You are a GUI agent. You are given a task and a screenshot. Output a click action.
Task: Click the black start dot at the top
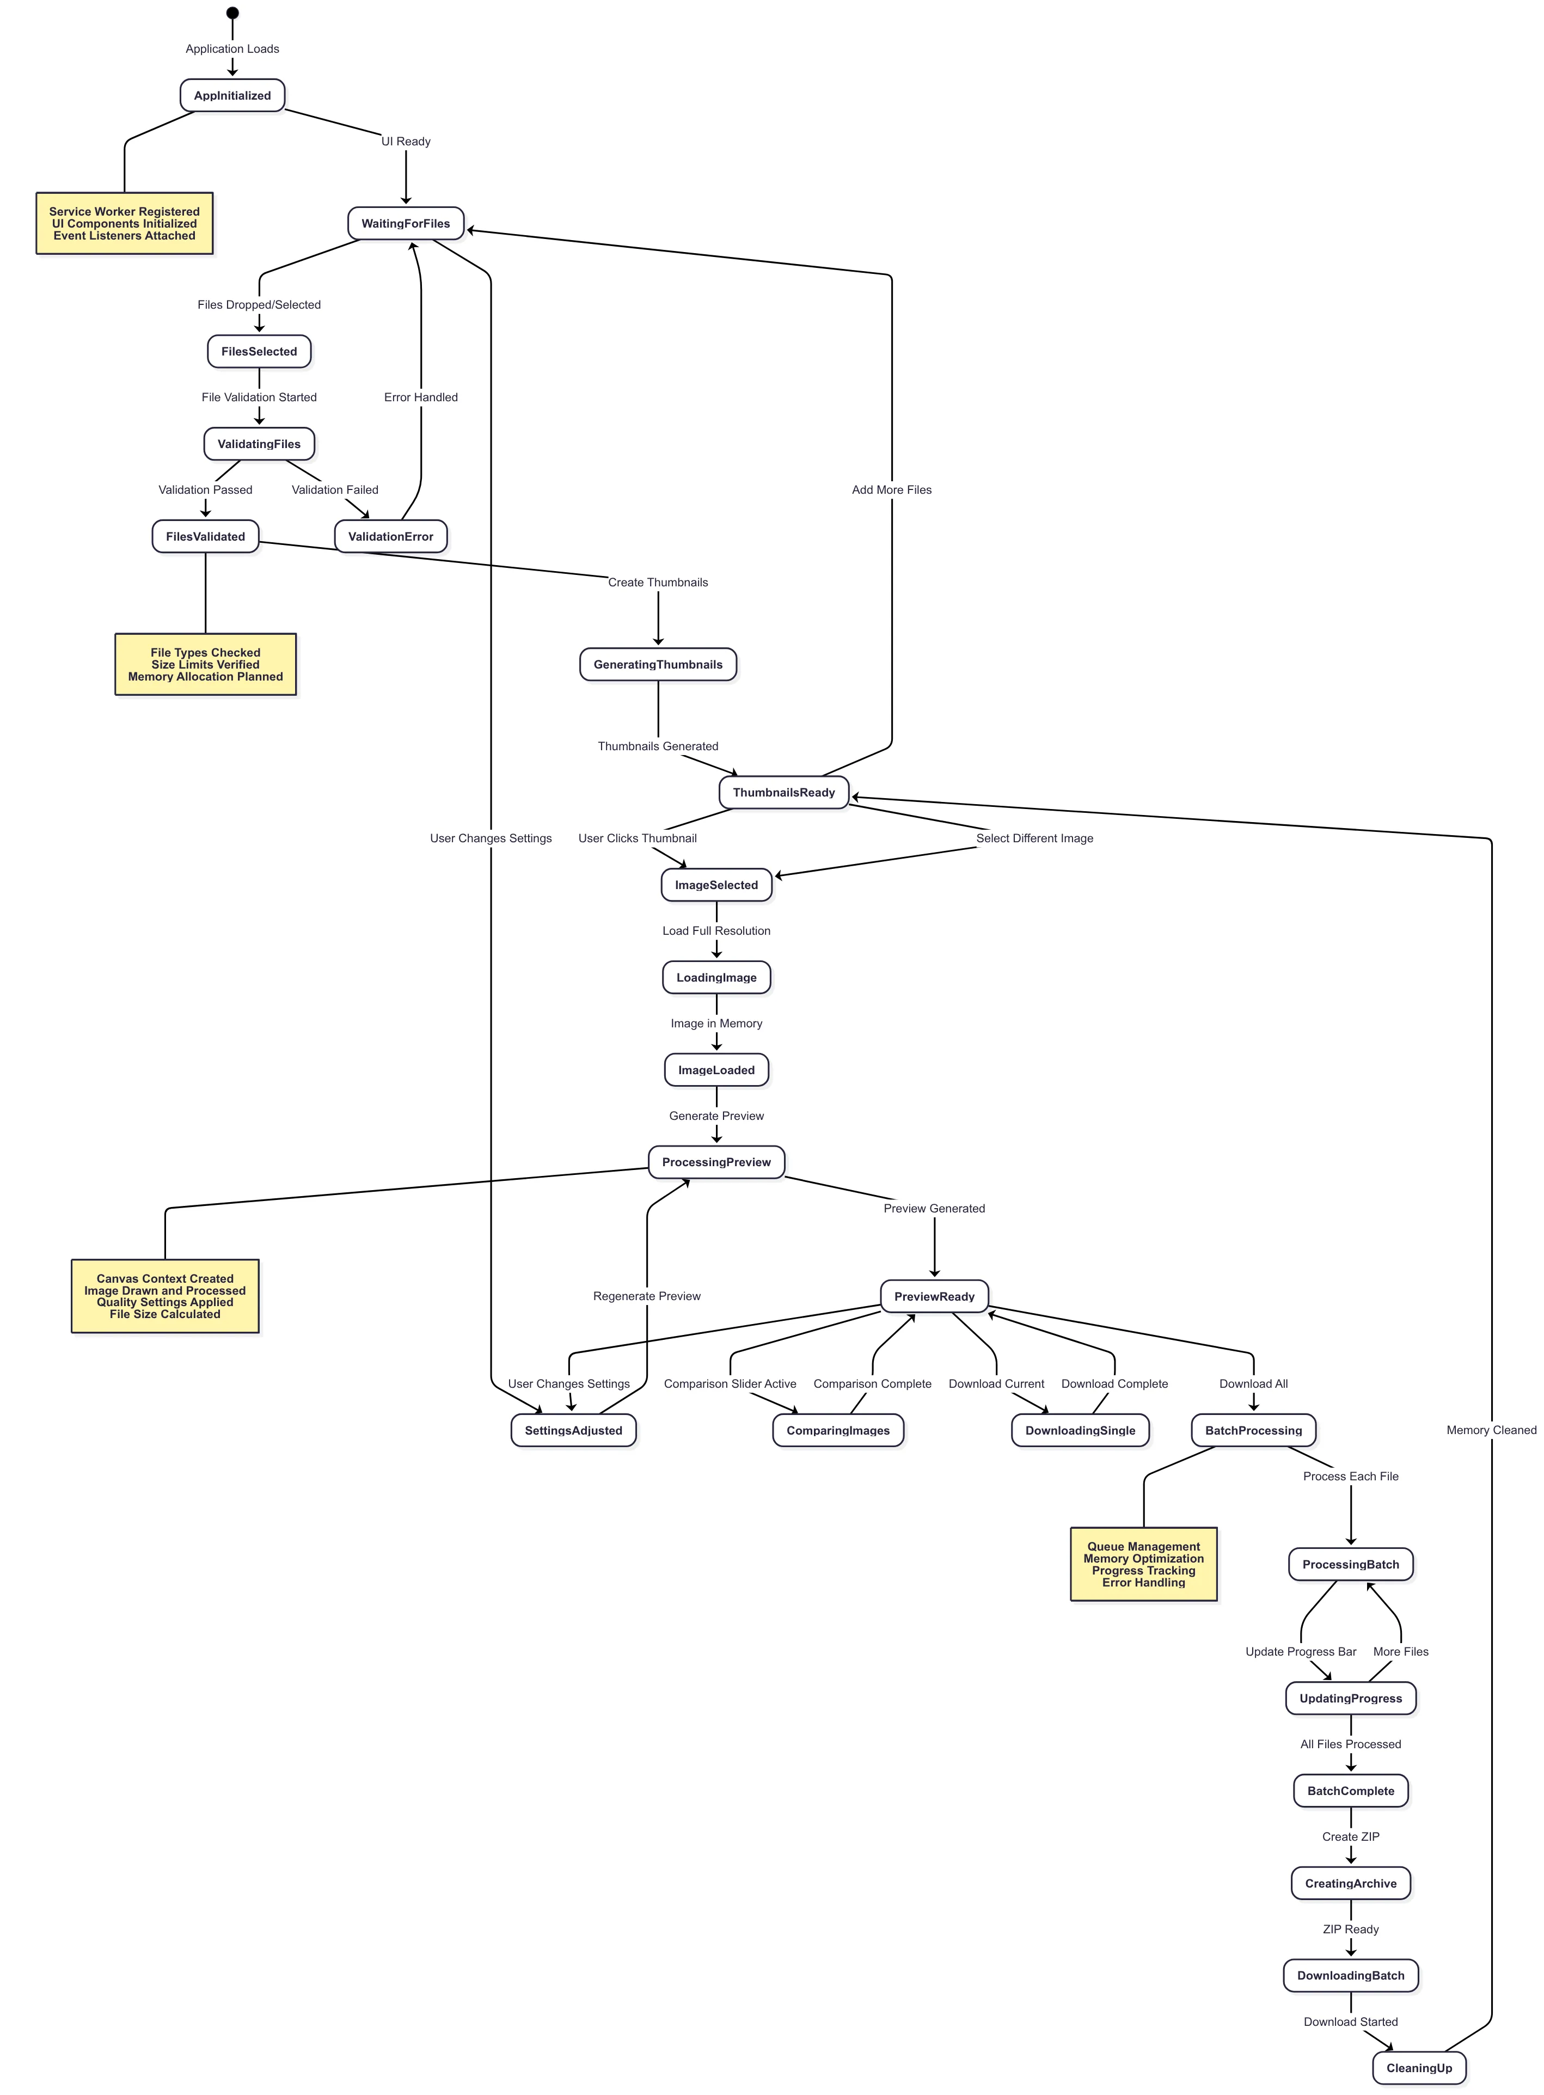[x=232, y=13]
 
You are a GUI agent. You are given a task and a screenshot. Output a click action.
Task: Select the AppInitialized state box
[x=232, y=95]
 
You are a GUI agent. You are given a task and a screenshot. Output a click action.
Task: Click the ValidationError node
[x=391, y=536]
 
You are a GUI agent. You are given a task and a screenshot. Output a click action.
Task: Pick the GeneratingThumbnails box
[x=658, y=664]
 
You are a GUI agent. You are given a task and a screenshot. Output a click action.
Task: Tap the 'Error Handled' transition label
[x=421, y=397]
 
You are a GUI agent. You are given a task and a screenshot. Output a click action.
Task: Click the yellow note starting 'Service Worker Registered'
[x=124, y=223]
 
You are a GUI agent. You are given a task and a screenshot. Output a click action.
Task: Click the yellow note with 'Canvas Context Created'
[x=166, y=1296]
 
